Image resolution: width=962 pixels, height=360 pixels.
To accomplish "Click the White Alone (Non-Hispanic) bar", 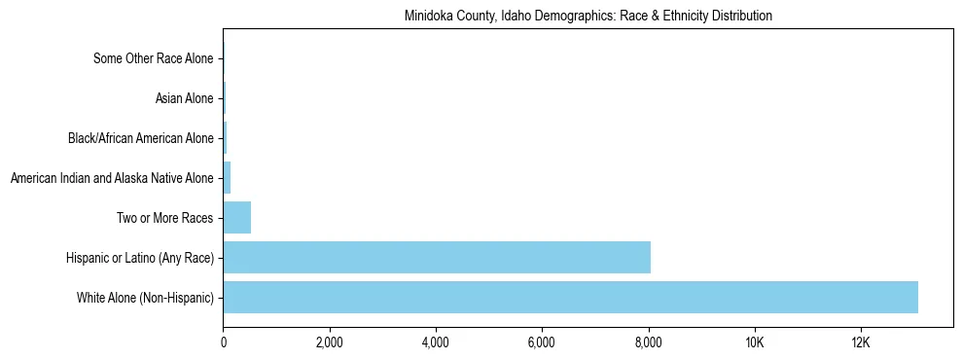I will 570,297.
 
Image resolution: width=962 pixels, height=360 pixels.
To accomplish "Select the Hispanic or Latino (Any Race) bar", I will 437,257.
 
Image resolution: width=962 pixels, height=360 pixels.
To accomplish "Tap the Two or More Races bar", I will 237,217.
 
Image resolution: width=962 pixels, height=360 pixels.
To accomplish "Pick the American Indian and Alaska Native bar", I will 227,177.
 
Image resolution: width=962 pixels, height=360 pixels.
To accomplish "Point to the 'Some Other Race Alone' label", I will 153,58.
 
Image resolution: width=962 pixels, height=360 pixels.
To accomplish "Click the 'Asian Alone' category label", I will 184,98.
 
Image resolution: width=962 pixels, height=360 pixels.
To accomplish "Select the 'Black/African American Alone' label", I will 140,138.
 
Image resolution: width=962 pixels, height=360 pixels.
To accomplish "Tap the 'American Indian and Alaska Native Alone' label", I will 111,178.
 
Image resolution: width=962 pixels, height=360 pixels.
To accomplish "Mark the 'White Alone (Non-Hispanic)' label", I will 145,298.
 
